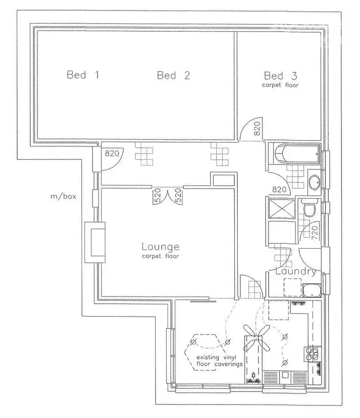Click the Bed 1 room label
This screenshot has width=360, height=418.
pyautogui.click(x=83, y=75)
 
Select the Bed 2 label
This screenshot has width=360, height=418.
pyautogui.click(x=173, y=75)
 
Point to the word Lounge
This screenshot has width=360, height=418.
pyautogui.click(x=160, y=247)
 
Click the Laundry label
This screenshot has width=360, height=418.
pyautogui.click(x=296, y=272)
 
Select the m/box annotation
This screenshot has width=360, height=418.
pyautogui.click(x=62, y=196)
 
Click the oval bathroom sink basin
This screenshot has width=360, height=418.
pyautogui.click(x=315, y=182)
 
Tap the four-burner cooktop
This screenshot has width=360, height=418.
pyautogui.click(x=313, y=354)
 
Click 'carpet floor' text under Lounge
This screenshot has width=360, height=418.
pyautogui.click(x=160, y=256)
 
